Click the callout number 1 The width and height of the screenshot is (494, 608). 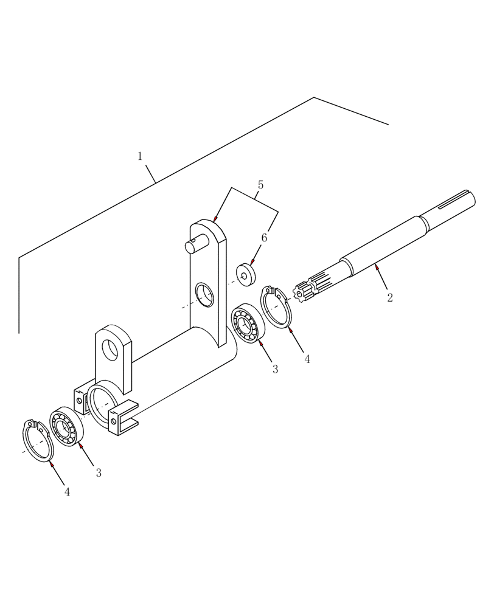(140, 157)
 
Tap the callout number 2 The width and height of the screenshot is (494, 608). (390, 298)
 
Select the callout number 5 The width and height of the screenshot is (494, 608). (260, 185)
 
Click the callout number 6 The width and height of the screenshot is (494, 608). (264, 238)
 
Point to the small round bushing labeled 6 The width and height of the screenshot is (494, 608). (246, 274)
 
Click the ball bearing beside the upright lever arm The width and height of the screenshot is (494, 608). (248, 322)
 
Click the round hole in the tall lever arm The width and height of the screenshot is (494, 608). (205, 295)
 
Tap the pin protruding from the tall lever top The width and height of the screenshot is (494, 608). (192, 246)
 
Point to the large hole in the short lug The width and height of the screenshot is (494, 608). (111, 350)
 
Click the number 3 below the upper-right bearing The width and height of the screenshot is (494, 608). (275, 369)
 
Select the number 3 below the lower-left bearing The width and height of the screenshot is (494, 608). (99, 473)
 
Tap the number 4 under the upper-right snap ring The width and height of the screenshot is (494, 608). (307, 359)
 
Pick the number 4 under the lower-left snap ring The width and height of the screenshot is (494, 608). (67, 492)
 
